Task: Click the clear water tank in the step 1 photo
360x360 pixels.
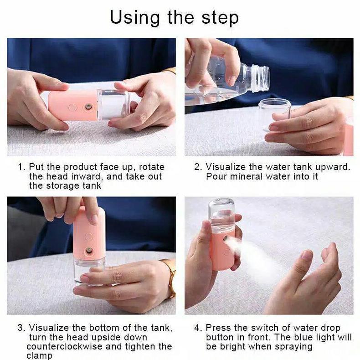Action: coord(113,104)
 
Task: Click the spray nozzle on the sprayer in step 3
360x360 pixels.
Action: coord(89,252)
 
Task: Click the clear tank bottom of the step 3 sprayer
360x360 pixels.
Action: coord(89,273)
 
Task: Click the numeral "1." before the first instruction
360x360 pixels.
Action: coord(21,167)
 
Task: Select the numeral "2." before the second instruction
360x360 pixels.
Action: coord(198,167)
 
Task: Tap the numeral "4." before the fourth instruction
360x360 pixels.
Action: coord(198,328)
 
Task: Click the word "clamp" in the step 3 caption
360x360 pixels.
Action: coord(39,355)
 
